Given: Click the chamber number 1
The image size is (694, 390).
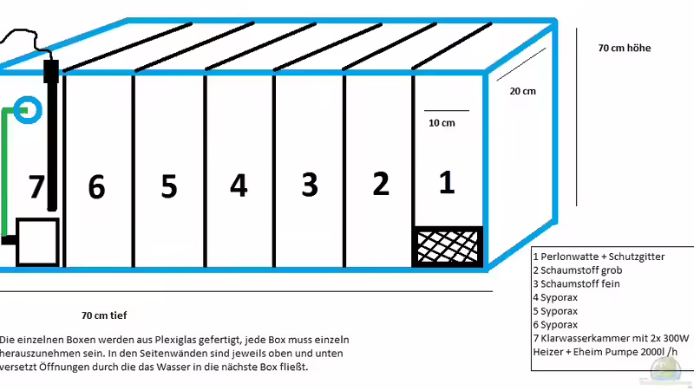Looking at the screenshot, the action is [x=447, y=182].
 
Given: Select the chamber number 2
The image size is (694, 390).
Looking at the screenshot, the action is [x=381, y=184].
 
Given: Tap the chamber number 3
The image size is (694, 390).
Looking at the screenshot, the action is [x=310, y=185].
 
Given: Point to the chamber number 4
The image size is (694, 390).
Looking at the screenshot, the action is [x=239, y=185].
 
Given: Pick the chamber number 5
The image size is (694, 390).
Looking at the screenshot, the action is [x=169, y=186].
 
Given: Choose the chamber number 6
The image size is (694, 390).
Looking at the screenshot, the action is [x=96, y=186].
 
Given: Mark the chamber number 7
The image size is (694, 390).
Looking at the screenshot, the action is [x=36, y=186].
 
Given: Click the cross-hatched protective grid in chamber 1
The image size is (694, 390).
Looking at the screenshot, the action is [x=447, y=247].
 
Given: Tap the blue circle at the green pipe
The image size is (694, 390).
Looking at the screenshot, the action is [x=28, y=96].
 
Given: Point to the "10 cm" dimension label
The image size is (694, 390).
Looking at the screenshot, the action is [x=442, y=123].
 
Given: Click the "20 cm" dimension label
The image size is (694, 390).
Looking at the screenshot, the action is [x=523, y=91].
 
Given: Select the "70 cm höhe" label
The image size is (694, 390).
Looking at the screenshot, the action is [x=625, y=48].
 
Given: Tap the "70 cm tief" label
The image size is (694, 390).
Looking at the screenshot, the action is [x=104, y=315].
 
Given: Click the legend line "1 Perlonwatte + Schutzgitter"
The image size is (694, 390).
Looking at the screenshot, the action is [x=599, y=257].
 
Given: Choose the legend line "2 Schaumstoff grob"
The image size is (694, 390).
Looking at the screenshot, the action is [x=578, y=270].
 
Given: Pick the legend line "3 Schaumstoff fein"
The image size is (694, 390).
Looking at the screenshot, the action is [x=576, y=284].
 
